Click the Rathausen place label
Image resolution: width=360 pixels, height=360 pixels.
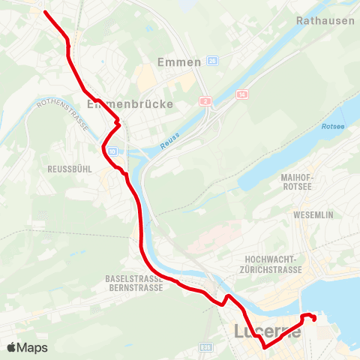point(325,20)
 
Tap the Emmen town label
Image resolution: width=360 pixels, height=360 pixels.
point(180,62)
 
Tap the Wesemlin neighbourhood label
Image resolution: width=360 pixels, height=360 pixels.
point(314,214)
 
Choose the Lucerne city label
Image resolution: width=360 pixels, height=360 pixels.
point(268,331)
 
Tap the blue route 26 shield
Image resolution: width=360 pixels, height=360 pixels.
point(212,61)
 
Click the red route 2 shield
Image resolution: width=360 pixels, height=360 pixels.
point(204,100)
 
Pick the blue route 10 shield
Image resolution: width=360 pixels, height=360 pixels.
point(112,151)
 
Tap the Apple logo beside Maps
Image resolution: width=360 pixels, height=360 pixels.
point(11,347)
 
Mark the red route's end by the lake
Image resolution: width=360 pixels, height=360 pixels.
point(313,319)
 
